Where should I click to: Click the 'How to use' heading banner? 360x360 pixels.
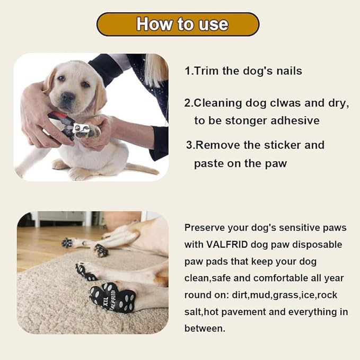178,24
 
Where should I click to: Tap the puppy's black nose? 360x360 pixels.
67,97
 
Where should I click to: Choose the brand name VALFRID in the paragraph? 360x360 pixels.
231,244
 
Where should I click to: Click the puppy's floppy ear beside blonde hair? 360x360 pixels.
101,90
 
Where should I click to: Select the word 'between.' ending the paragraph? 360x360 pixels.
205,329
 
